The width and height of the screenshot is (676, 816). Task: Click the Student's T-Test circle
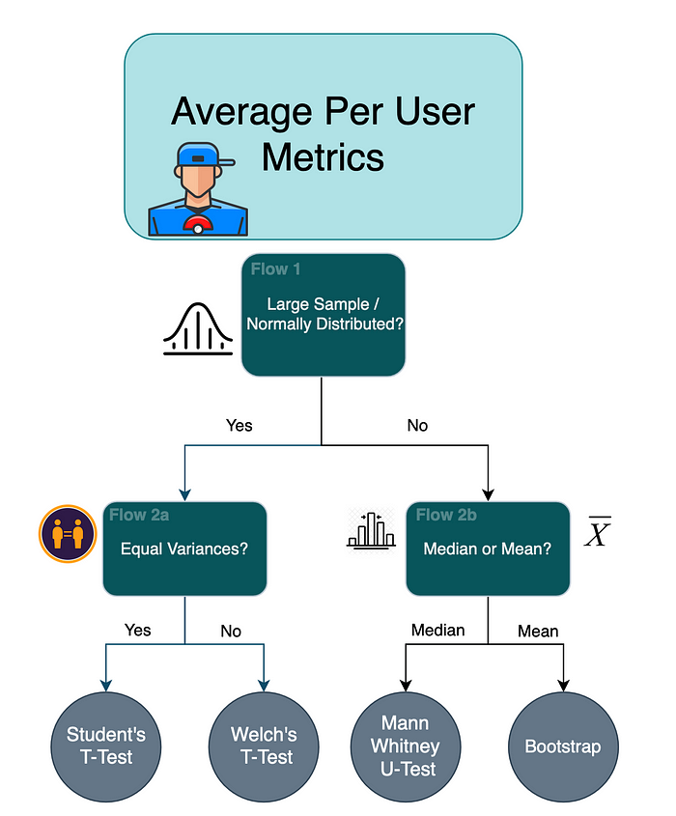click(x=106, y=746)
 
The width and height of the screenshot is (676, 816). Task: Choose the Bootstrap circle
click(x=562, y=746)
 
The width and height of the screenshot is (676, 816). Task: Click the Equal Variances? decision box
click(x=184, y=549)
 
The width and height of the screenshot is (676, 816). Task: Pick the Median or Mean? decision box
click(x=488, y=549)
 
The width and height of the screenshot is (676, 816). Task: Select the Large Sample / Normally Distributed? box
click(x=324, y=315)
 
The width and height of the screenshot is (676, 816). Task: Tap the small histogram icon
click(x=371, y=529)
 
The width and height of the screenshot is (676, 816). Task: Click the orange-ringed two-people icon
click(x=67, y=533)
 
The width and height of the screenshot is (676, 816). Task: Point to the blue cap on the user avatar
click(x=200, y=155)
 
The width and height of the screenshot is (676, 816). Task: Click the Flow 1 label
click(x=275, y=268)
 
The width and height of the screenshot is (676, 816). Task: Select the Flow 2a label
click(x=139, y=515)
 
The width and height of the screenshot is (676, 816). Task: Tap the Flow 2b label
click(x=446, y=515)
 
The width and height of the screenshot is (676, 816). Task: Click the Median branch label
click(x=437, y=630)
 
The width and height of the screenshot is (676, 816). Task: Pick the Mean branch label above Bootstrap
click(x=538, y=631)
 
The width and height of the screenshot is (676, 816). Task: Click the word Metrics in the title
click(x=323, y=157)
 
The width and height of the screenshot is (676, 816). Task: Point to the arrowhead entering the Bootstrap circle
click(x=563, y=685)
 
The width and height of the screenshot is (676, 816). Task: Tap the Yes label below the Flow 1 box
click(x=239, y=425)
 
